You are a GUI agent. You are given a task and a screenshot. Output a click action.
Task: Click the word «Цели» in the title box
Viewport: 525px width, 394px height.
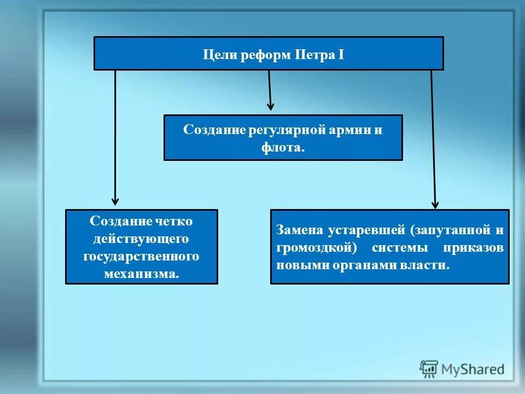pyautogui.click(x=215, y=55)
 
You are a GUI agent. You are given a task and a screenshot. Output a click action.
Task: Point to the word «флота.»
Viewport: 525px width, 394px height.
pyautogui.click(x=283, y=148)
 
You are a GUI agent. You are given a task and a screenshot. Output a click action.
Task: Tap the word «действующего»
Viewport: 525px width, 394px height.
pyautogui.click(x=141, y=239)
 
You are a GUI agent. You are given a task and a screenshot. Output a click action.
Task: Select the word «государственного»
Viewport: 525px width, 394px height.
pyautogui.click(x=141, y=256)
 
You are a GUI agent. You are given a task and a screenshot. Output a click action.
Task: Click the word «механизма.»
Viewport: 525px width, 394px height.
pyautogui.click(x=141, y=274)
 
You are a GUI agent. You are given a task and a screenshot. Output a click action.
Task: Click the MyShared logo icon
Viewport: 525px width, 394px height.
pyautogui.click(x=429, y=369)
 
